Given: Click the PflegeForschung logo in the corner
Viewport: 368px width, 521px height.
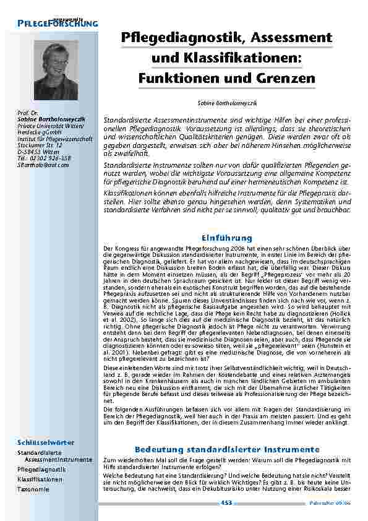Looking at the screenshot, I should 58,23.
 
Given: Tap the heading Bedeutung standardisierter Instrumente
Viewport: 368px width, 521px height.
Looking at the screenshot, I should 226,449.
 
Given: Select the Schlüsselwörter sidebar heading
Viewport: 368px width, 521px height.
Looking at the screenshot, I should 46,442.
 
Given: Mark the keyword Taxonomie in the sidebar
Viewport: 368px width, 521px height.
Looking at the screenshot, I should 33,489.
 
